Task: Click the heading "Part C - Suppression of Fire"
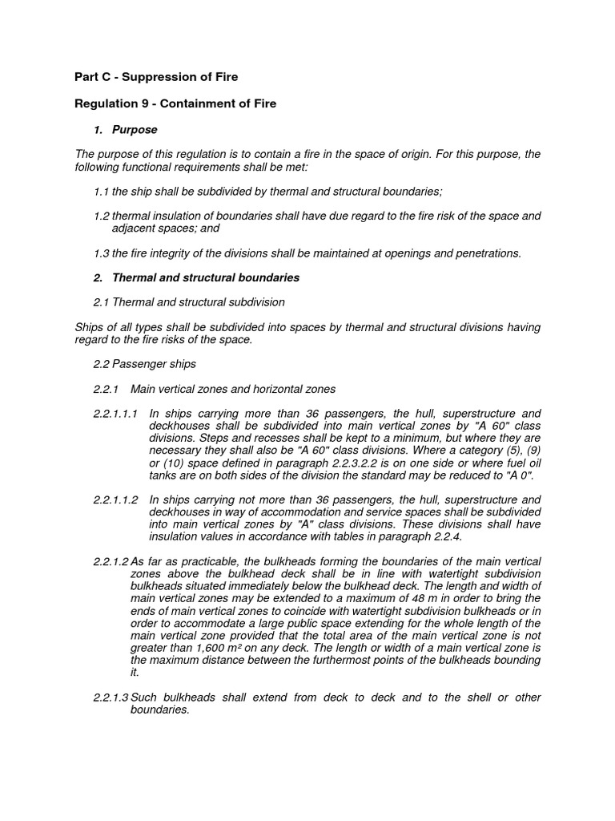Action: [156, 77]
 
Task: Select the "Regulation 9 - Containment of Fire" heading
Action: [175, 104]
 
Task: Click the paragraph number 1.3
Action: [101, 253]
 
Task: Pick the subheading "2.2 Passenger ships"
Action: [144, 364]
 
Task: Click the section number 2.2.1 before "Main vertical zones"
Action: [106, 389]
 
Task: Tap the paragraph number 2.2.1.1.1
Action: [115, 413]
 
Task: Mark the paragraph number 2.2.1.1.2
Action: [115, 499]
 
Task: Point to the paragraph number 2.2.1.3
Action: [111, 698]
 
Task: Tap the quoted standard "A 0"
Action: [521, 475]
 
